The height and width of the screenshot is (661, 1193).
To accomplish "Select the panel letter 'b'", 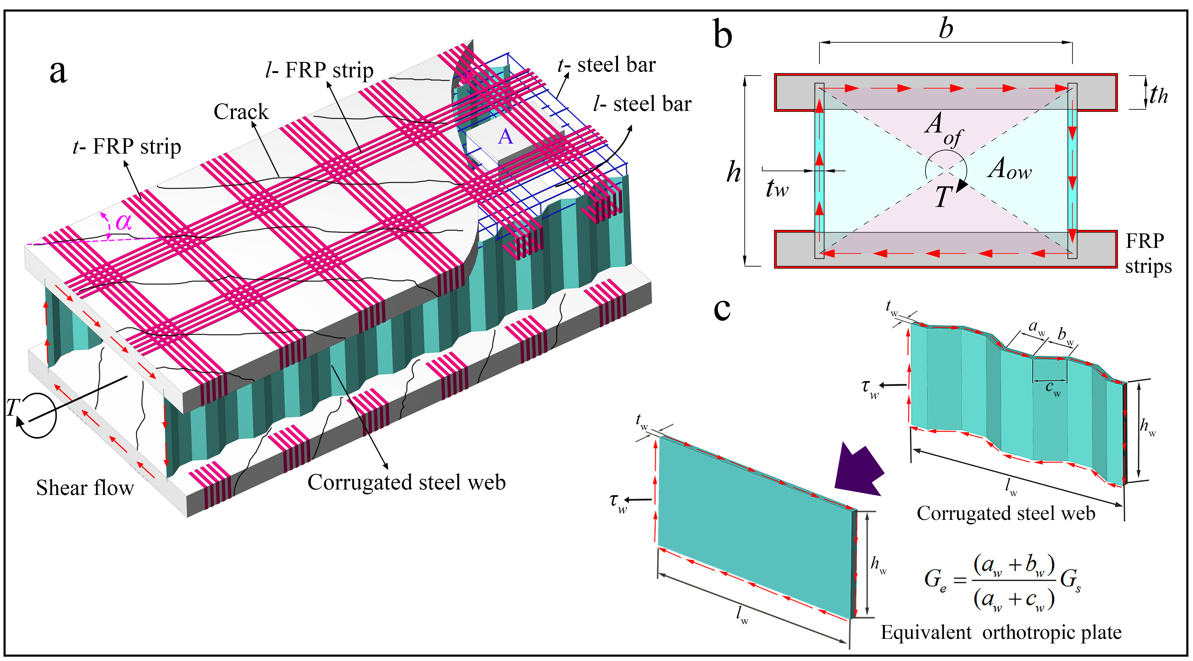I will tap(722, 35).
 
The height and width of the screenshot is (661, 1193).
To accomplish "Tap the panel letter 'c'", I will tap(722, 309).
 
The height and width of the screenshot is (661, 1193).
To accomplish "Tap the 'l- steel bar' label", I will tap(642, 104).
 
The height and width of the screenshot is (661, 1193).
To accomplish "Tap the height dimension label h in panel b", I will tap(733, 172).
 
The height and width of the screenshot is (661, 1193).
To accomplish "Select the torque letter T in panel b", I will tap(943, 196).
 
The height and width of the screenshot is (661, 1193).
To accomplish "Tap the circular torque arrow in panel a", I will tap(38, 415).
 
